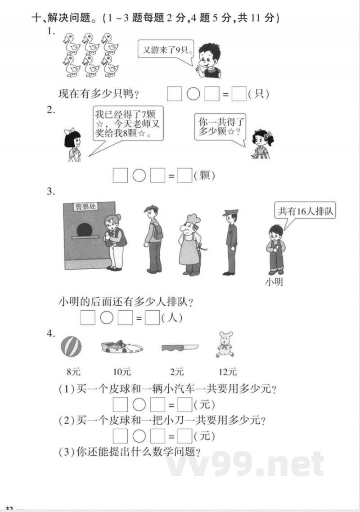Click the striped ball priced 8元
[x=72, y=348]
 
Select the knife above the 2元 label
[x=180, y=348]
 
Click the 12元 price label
[x=228, y=372]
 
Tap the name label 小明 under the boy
[x=274, y=283]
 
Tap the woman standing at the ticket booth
[x=115, y=242]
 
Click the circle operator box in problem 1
[x=193, y=94]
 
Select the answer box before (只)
[x=239, y=94]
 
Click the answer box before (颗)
[x=184, y=175]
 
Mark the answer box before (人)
[x=153, y=318]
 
